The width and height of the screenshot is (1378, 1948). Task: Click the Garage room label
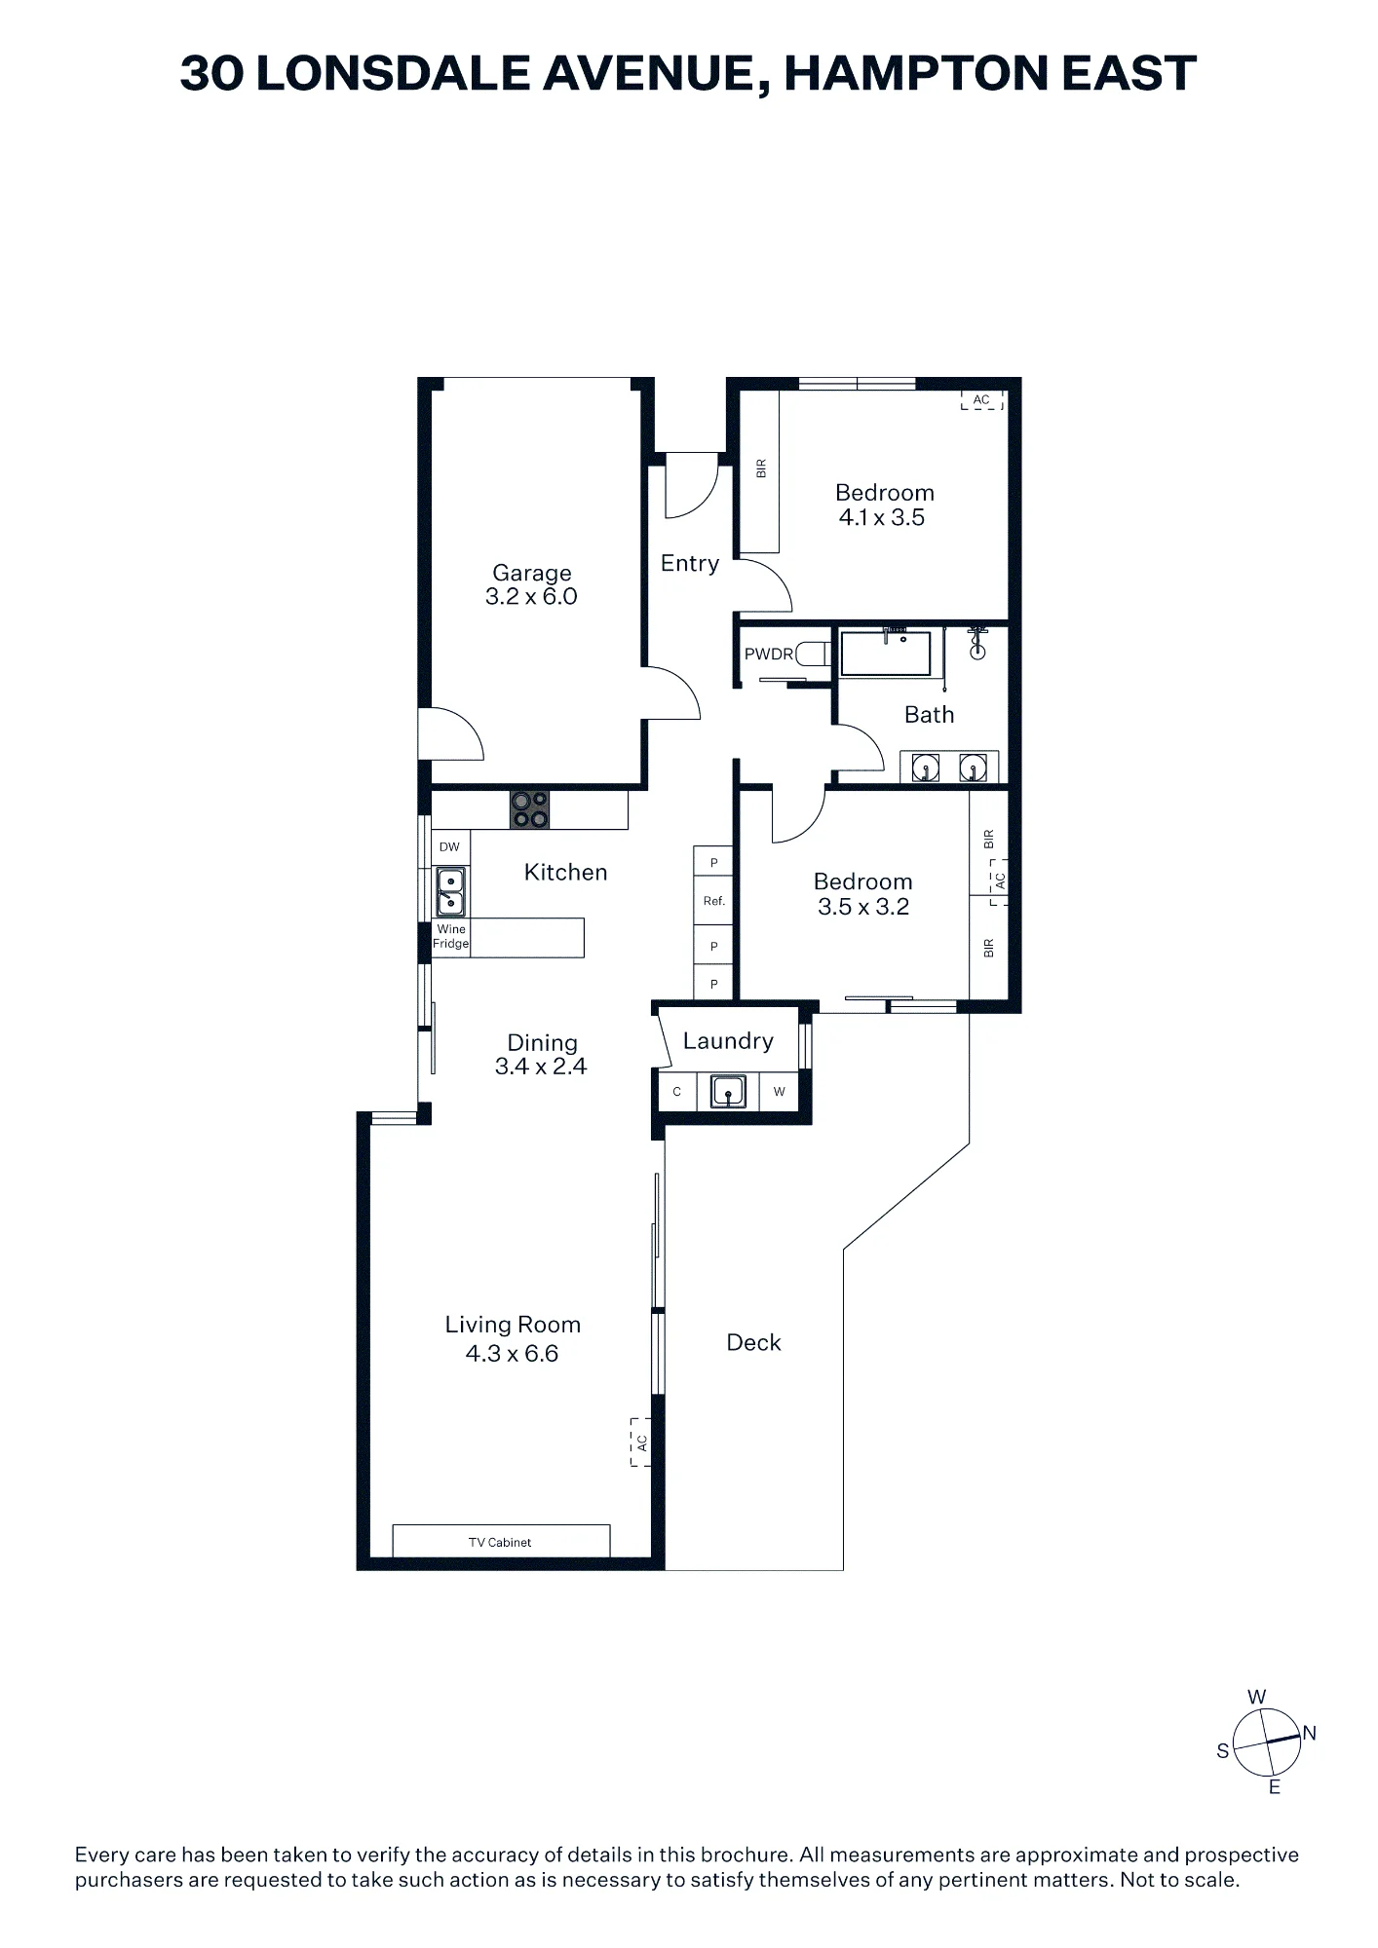point(531,573)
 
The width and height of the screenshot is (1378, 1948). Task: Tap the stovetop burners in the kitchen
point(529,809)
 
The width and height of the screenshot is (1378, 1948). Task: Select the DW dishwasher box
point(449,847)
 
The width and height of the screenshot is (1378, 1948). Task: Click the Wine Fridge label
point(451,936)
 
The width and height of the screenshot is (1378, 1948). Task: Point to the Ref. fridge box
point(713,901)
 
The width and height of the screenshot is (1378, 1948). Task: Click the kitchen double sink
point(450,892)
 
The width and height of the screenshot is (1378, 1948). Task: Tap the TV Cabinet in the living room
point(501,1541)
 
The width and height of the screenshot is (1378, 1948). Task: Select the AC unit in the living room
point(640,1442)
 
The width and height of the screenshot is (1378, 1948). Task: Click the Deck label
point(753,1342)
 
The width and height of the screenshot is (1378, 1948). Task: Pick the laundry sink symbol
point(728,1091)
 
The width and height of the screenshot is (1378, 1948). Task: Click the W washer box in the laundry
point(779,1091)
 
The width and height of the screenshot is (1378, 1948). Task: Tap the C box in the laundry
point(676,1091)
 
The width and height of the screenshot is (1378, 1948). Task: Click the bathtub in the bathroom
point(886,653)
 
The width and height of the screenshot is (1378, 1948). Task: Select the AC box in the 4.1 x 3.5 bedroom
point(981,399)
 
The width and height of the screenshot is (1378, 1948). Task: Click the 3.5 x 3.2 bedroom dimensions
point(863,907)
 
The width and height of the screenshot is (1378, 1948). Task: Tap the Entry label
point(690,564)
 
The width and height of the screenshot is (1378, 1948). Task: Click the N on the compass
point(1309,1733)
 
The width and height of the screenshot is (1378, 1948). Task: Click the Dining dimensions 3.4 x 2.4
point(541,1067)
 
